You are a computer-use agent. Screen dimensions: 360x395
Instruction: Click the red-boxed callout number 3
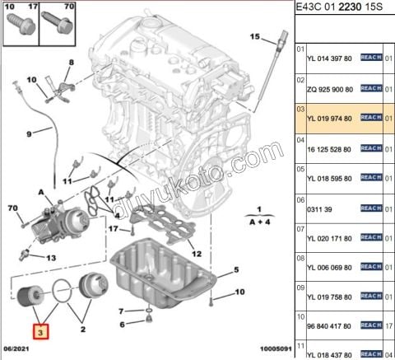39,332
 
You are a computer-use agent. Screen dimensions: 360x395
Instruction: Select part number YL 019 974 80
329,118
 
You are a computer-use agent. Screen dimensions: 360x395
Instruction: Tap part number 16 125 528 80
330,149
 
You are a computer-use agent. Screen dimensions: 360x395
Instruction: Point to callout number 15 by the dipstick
255,37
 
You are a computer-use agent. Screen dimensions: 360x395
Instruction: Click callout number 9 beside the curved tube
28,133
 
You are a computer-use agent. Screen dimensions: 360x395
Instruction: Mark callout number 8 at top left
72,63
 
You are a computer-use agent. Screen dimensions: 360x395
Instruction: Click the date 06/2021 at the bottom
19,350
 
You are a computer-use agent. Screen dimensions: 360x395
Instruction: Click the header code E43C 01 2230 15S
338,9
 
